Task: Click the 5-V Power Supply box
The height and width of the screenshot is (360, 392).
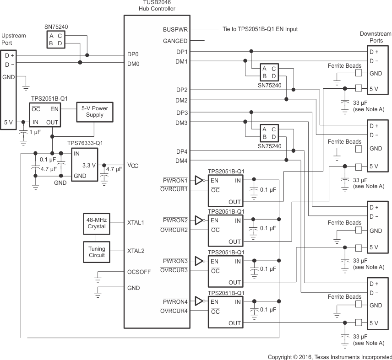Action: tap(95, 112)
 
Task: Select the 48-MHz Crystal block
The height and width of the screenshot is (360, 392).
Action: tap(97, 223)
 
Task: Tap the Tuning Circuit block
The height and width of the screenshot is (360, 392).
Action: tap(97, 252)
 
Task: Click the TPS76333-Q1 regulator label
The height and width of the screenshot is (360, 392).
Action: tap(85, 143)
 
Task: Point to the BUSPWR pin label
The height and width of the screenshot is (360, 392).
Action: tap(175, 29)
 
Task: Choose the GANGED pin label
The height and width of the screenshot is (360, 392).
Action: tap(175, 41)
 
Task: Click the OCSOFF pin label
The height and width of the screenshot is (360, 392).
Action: tap(139, 272)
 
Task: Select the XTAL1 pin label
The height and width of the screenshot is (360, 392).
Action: tap(136, 222)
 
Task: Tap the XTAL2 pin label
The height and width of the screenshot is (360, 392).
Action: tap(136, 251)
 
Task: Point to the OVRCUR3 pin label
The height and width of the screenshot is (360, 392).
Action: tap(174, 270)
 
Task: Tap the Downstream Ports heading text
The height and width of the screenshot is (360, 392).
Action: tap(376, 37)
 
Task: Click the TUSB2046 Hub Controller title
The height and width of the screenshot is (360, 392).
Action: tap(157, 5)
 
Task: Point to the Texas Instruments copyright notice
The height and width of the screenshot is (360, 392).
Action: tap(330, 356)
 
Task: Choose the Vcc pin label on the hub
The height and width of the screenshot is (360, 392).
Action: tap(133, 166)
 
